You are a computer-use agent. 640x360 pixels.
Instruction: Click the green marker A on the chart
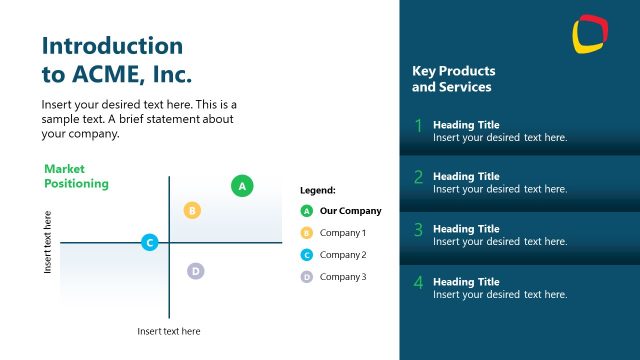(x=242, y=185)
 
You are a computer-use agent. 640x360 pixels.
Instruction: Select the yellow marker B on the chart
(x=193, y=210)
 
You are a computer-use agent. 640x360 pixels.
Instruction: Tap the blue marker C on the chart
(x=149, y=242)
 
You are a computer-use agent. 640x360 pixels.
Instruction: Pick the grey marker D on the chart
(x=196, y=271)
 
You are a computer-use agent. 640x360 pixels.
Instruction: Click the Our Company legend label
(x=350, y=211)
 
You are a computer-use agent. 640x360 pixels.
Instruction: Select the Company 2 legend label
(x=343, y=255)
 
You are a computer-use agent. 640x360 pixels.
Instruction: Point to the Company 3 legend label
(x=343, y=277)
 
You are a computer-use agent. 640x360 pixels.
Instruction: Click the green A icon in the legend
(x=307, y=211)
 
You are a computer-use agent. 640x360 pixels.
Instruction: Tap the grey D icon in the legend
(x=307, y=277)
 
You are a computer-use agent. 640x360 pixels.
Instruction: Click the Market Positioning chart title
(x=76, y=177)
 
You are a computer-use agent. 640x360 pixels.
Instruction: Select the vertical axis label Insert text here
(x=47, y=242)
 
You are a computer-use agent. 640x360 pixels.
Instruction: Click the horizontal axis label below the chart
(x=168, y=331)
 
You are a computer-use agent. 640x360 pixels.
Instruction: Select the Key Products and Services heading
(x=453, y=79)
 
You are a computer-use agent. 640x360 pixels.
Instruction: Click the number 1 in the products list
(x=418, y=126)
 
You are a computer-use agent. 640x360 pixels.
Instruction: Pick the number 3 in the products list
(x=418, y=230)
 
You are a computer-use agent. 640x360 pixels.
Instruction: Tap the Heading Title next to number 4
(x=466, y=282)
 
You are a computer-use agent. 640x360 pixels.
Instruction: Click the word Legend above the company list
(x=317, y=190)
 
